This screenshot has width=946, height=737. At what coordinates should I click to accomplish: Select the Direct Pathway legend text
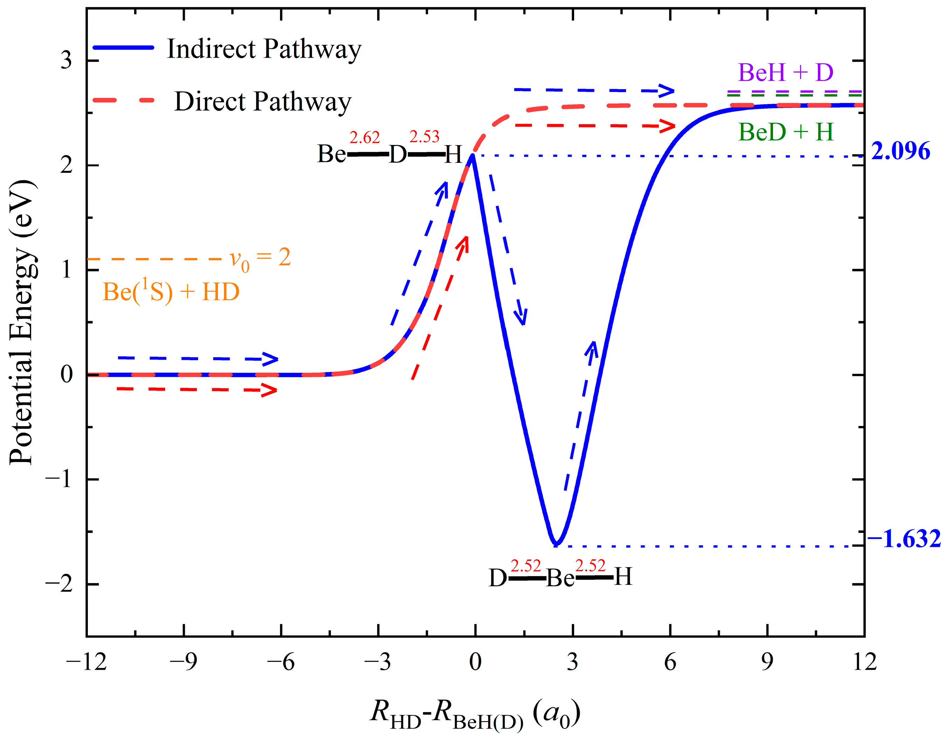pos(263,102)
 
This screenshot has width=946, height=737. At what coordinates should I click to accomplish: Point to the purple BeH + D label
pos(785,72)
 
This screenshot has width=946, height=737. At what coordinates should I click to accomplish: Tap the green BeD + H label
pos(786,132)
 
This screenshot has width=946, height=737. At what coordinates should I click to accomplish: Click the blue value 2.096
pos(900,152)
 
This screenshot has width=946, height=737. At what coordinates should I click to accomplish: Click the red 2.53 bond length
pos(424,137)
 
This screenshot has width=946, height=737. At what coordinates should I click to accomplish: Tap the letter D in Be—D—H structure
pos(398,155)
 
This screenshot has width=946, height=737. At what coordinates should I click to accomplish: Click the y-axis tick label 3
pos(66,60)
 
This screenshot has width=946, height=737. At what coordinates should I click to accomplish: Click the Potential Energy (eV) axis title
pos(22,323)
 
